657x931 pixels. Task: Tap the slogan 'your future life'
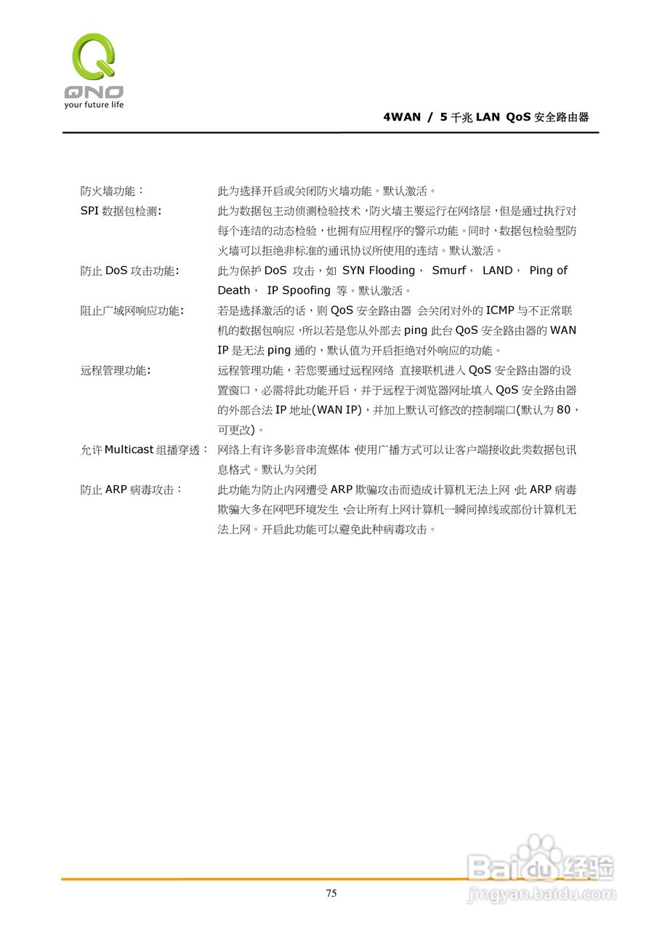[x=94, y=105]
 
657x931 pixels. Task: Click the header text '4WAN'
[x=401, y=117]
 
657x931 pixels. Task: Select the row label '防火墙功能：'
[x=112, y=191]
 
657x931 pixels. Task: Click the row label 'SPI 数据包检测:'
[x=121, y=211]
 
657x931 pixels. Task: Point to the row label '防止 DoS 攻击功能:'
[x=130, y=271]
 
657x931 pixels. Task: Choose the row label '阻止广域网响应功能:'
[x=132, y=311]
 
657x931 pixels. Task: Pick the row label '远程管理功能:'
[x=116, y=370]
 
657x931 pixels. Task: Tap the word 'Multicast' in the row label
[x=129, y=449]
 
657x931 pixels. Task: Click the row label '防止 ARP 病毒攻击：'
[x=132, y=490]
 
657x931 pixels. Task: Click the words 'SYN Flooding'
[x=379, y=271]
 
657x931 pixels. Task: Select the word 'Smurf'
[x=448, y=271]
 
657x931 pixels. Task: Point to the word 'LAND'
[x=497, y=271]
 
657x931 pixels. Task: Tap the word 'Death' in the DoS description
[x=234, y=290]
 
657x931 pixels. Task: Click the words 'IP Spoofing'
[x=299, y=290]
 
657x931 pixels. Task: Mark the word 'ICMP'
[x=499, y=311]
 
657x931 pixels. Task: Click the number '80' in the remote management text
[x=563, y=409]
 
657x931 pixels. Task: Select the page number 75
[x=331, y=893]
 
